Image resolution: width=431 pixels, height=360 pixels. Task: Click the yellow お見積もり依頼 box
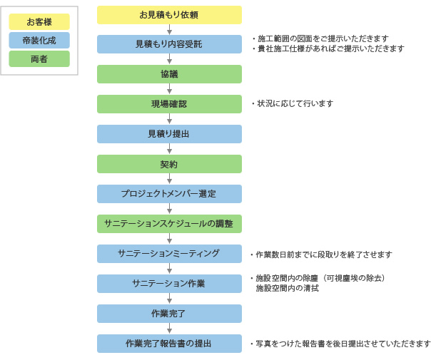[169, 15]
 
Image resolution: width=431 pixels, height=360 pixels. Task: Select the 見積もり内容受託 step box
[169, 44]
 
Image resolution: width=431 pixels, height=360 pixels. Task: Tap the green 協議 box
[169, 74]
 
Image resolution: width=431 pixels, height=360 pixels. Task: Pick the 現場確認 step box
[169, 104]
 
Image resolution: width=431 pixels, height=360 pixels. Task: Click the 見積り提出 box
[169, 134]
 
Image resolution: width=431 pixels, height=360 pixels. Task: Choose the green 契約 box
[169, 164]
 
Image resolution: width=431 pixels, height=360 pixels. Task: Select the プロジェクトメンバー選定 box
[169, 194]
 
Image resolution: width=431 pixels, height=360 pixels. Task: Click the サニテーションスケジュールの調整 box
[169, 224]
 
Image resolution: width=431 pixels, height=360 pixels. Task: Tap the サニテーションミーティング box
[169, 254]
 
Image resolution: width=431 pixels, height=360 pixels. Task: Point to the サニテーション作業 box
[169, 284]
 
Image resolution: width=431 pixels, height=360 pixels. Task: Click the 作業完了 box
[169, 314]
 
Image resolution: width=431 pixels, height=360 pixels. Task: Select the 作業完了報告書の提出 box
[169, 344]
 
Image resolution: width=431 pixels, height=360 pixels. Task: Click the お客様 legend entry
[39, 21]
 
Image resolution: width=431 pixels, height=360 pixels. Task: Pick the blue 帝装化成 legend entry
[39, 41]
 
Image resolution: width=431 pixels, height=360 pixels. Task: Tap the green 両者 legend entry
[39, 58]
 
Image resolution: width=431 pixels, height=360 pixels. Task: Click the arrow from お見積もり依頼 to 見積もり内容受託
[170, 30]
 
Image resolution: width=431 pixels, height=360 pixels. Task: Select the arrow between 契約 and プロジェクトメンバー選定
[170, 179]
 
